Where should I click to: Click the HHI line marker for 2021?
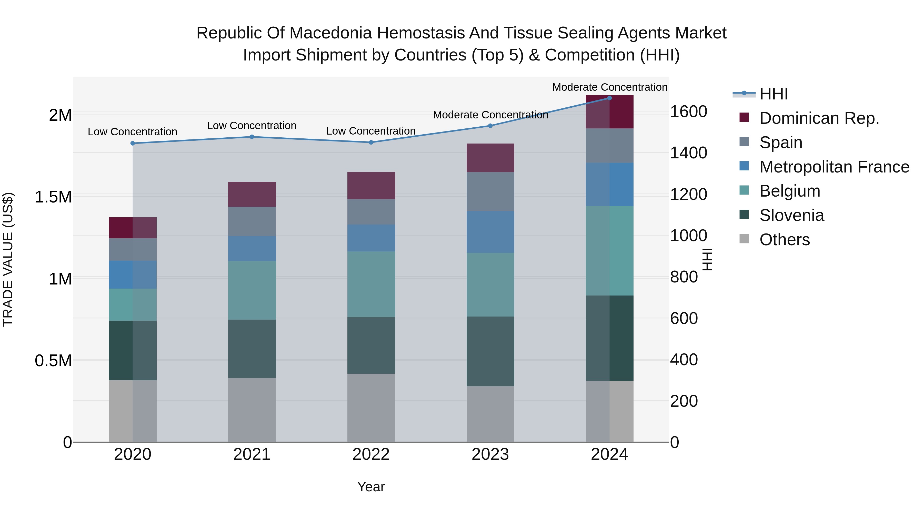252,137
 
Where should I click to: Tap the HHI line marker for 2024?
609,98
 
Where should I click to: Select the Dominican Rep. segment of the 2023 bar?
490,158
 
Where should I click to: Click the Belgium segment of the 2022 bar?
371,284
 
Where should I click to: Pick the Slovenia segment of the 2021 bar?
252,349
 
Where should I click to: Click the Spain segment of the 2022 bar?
371,212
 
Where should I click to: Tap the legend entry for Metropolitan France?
834,167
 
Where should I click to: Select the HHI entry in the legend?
773,94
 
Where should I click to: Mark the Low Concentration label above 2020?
132,132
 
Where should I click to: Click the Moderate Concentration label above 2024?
609,87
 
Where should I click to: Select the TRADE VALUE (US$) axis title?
8,259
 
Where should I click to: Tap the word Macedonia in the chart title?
332,33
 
